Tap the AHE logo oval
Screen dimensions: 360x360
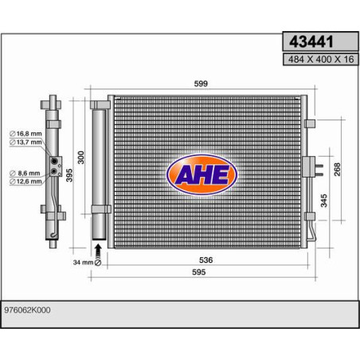tap(201, 174)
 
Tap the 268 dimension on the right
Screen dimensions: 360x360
tap(337, 170)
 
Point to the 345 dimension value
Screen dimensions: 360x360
tap(323, 200)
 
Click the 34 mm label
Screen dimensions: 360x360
tap(82, 261)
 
